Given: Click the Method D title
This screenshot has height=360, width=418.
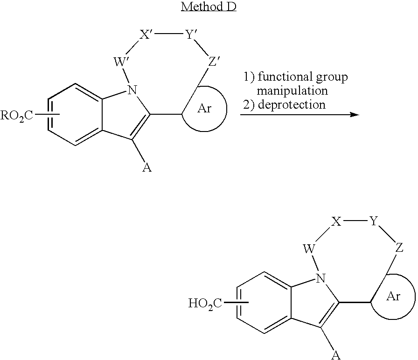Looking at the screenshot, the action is tap(209, 7).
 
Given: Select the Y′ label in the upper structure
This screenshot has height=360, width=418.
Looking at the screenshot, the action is tap(189, 35).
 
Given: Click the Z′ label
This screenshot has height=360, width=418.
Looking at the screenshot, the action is tap(214, 62).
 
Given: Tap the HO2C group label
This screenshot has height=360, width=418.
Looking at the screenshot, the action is tap(205, 303).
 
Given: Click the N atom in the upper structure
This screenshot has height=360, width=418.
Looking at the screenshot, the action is tap(132, 90).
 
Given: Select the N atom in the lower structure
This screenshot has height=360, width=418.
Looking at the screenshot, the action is tap(320, 278).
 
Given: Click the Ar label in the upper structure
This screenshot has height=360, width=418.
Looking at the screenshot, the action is tap(204, 109).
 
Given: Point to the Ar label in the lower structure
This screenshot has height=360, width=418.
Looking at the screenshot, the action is tap(393, 296).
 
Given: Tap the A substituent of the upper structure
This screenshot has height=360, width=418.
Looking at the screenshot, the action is tap(147, 167).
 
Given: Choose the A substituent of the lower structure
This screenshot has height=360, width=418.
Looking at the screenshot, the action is tap(336, 355).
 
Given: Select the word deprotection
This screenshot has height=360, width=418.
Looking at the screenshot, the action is tap(292, 105).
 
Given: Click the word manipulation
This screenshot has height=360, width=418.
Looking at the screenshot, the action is tap(292, 90).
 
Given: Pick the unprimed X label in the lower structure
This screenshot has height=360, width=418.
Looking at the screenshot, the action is tap(336, 222).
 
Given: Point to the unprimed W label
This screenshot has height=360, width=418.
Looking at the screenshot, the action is tap(309, 249).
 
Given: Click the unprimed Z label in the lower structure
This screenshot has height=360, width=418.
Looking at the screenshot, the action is tap(399, 248).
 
